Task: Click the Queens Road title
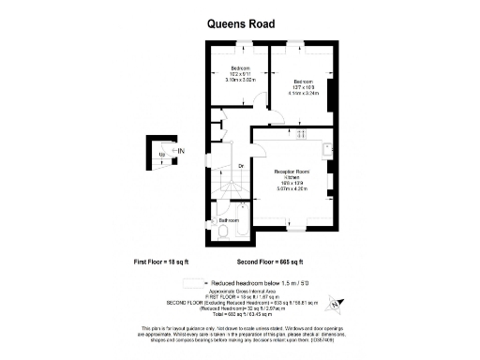coord(240,24)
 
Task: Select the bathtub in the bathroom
coord(240,235)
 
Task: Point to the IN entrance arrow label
coord(181,151)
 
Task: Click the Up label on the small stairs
coord(162,153)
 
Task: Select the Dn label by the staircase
coord(241,167)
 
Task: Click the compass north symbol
coord(341,303)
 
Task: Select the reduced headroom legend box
coord(194,281)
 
